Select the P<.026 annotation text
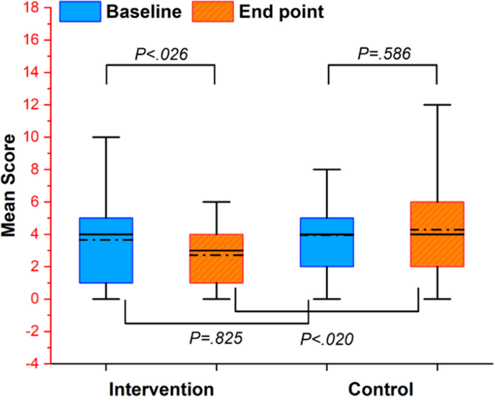pos(161,52)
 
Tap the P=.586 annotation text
pos(382,52)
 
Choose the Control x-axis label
pos(381,388)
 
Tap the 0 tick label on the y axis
pos(35,299)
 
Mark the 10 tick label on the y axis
pos(31,137)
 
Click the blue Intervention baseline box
pos(106,250)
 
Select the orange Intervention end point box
pos(216,258)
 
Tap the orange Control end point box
pos(436,234)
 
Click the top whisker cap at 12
pos(436,105)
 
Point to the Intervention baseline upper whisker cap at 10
pos(106,137)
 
